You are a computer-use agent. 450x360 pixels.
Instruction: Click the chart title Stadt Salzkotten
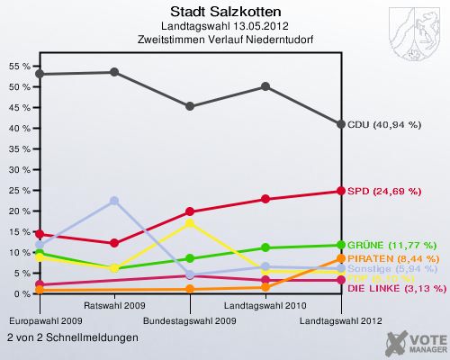click(224, 11)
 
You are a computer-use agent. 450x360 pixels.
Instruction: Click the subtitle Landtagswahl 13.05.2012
click(224, 25)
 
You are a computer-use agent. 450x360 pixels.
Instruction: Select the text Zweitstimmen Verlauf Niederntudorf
click(224, 39)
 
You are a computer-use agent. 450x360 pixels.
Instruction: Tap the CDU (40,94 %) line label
click(384, 124)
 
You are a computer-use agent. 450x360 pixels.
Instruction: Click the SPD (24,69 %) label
click(383, 191)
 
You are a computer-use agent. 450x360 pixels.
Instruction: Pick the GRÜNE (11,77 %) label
click(391, 245)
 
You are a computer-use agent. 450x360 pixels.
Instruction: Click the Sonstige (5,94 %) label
click(392, 268)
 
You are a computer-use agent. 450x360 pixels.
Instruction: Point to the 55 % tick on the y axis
click(18, 67)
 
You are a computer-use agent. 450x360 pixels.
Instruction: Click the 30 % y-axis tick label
click(18, 170)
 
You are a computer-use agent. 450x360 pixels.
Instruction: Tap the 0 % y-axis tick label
click(21, 293)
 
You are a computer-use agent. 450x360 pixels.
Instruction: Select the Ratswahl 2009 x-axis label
click(114, 306)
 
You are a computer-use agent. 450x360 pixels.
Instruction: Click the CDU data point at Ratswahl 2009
click(113, 72)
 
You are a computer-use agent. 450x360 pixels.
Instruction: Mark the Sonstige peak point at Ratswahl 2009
click(113, 201)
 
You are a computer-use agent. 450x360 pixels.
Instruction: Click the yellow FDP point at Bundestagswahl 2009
click(190, 222)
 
